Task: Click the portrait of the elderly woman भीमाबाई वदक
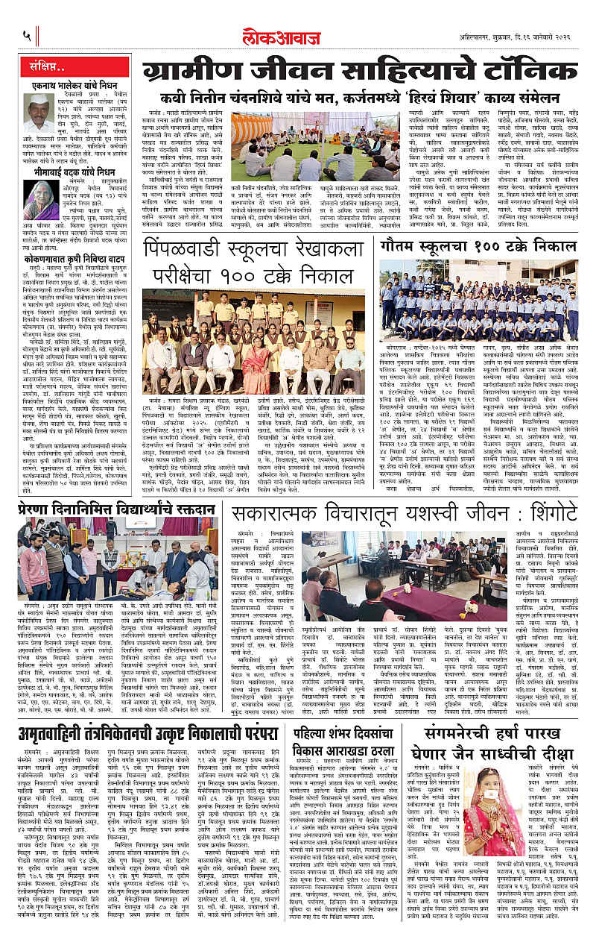[38, 201]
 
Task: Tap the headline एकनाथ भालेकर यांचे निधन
[66, 87]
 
